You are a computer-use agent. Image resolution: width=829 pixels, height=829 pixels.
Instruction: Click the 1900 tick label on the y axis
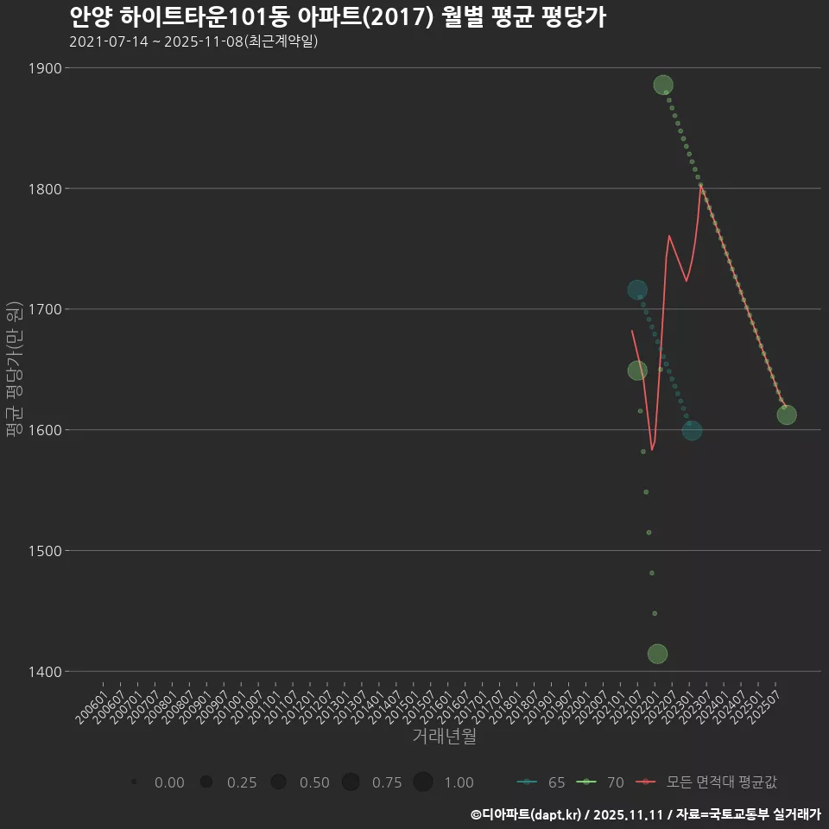[43, 68]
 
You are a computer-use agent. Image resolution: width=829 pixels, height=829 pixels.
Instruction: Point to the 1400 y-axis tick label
[43, 671]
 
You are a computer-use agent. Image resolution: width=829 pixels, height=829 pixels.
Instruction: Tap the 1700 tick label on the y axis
[43, 309]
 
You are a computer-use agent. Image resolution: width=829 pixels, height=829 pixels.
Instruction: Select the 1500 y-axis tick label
[43, 550]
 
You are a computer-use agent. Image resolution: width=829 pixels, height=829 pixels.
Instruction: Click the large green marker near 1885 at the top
[663, 85]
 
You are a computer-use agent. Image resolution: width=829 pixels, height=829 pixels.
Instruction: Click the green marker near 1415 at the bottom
[657, 654]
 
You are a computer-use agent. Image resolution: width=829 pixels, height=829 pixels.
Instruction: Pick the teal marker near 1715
[637, 289]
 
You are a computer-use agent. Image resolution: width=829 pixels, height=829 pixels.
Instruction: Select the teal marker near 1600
[692, 431]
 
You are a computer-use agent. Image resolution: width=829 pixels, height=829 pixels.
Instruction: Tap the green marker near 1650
[637, 370]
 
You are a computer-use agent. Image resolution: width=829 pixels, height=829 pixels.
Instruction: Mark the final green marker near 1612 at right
[787, 414]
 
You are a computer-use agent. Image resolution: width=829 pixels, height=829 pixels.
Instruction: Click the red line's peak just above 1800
[700, 184]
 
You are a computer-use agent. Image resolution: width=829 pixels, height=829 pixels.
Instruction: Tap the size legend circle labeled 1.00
[422, 782]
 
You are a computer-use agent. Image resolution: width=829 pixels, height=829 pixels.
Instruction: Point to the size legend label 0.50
[314, 782]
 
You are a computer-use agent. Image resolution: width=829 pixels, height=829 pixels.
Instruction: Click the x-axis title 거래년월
[444, 737]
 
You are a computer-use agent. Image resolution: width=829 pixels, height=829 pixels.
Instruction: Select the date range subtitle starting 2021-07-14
[193, 41]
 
